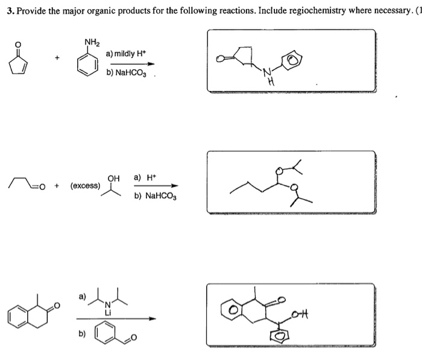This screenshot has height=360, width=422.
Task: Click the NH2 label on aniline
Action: (x=92, y=42)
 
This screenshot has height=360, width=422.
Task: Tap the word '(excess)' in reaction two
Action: (x=85, y=185)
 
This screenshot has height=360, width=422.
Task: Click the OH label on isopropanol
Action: (x=113, y=177)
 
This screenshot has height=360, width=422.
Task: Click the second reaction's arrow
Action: (x=156, y=185)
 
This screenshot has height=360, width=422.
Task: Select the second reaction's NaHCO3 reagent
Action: (x=156, y=196)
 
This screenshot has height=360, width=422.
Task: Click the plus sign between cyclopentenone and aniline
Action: (x=58, y=58)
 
